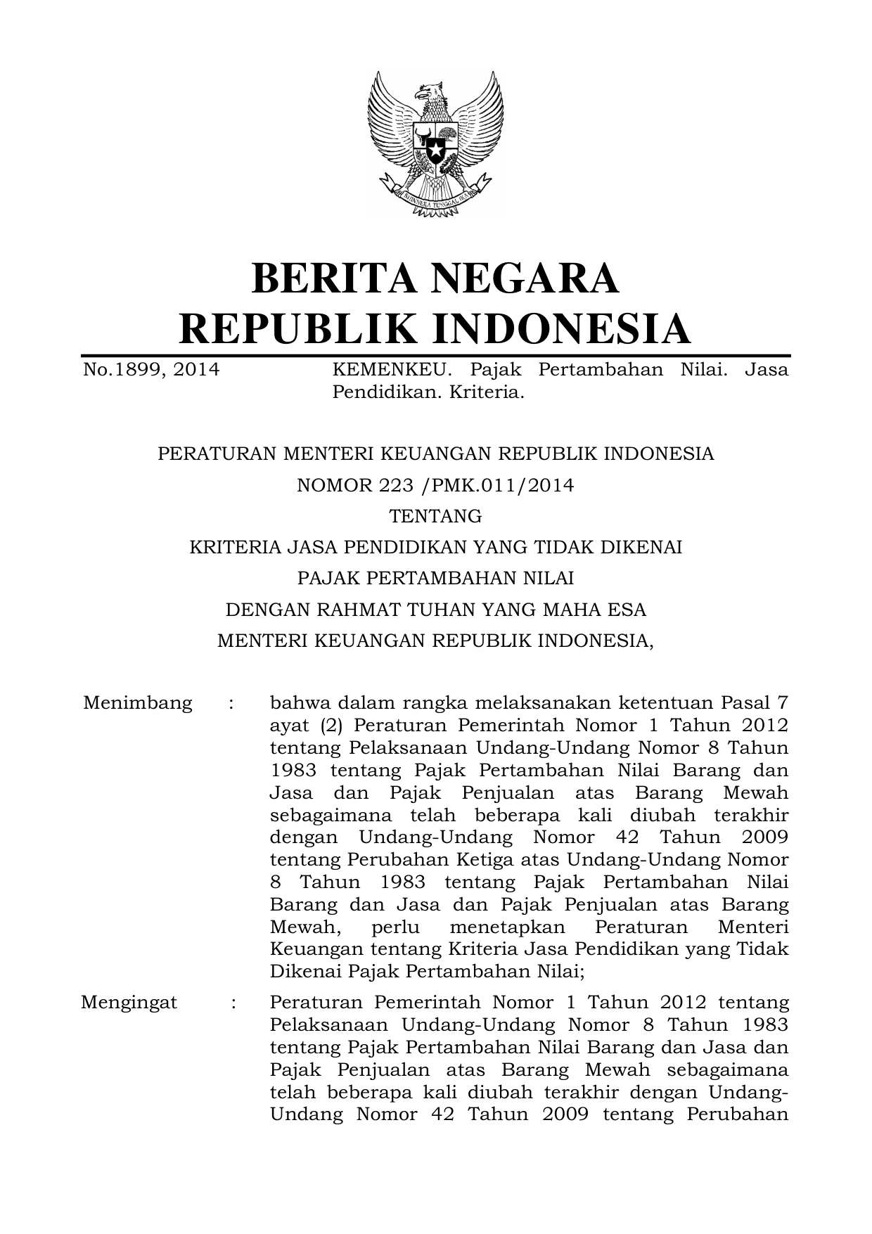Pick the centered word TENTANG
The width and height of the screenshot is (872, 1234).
pos(436,516)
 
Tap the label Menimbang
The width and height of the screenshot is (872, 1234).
pos(138,703)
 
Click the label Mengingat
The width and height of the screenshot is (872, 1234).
pos(129,1002)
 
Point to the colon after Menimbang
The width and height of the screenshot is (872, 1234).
pos(231,703)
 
